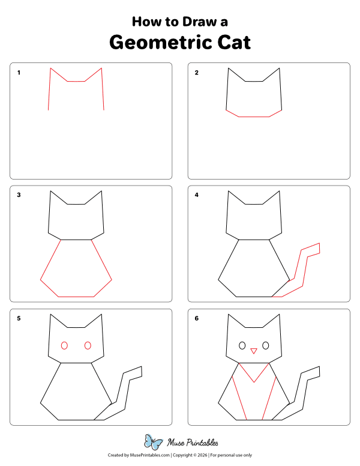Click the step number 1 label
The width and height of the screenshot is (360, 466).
point(19,73)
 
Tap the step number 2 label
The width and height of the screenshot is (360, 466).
point(196,73)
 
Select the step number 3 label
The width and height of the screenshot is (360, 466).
point(19,195)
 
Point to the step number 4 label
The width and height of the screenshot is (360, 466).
point(196,195)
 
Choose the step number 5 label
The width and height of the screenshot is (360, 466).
point(19,318)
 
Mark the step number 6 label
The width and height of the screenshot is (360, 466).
point(196,318)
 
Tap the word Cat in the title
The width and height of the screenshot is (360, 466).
point(231,43)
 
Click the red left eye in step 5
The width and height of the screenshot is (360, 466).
point(64,345)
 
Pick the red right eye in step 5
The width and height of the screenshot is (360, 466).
point(88,345)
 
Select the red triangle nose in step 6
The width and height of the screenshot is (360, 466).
point(254,350)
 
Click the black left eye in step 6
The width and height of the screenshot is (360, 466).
point(242,346)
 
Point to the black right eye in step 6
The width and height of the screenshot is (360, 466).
point(265,346)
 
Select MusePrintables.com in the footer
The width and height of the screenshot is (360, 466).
point(147,455)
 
